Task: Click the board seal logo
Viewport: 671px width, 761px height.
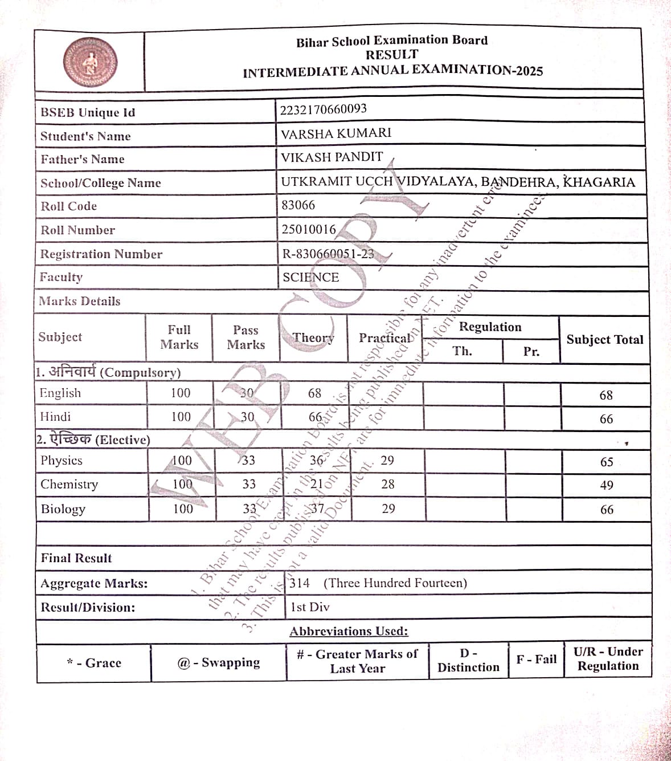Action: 90,62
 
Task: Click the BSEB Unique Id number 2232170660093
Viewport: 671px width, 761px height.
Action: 323,109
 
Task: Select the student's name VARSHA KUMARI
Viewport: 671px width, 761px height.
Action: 336,133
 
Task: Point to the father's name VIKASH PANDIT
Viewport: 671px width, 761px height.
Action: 332,157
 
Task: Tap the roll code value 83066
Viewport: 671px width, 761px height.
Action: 298,205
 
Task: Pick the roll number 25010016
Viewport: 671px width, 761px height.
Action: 309,229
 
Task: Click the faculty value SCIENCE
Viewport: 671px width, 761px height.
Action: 310,278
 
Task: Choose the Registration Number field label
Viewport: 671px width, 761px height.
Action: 101,254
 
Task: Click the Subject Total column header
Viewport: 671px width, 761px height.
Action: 604,340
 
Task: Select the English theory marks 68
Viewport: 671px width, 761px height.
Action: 314,393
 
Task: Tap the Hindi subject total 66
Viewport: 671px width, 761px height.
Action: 606,419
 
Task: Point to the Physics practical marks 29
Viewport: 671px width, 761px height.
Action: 387,461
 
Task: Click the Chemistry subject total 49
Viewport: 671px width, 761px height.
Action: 607,485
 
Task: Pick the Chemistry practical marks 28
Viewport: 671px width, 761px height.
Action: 388,484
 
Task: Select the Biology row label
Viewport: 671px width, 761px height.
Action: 63,509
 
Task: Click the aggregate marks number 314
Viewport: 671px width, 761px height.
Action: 300,583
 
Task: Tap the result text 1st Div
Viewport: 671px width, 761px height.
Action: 310,607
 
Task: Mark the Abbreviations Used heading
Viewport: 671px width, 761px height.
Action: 349,632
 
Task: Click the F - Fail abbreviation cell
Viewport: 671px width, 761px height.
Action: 536,660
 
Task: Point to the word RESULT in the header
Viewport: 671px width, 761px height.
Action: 392,55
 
